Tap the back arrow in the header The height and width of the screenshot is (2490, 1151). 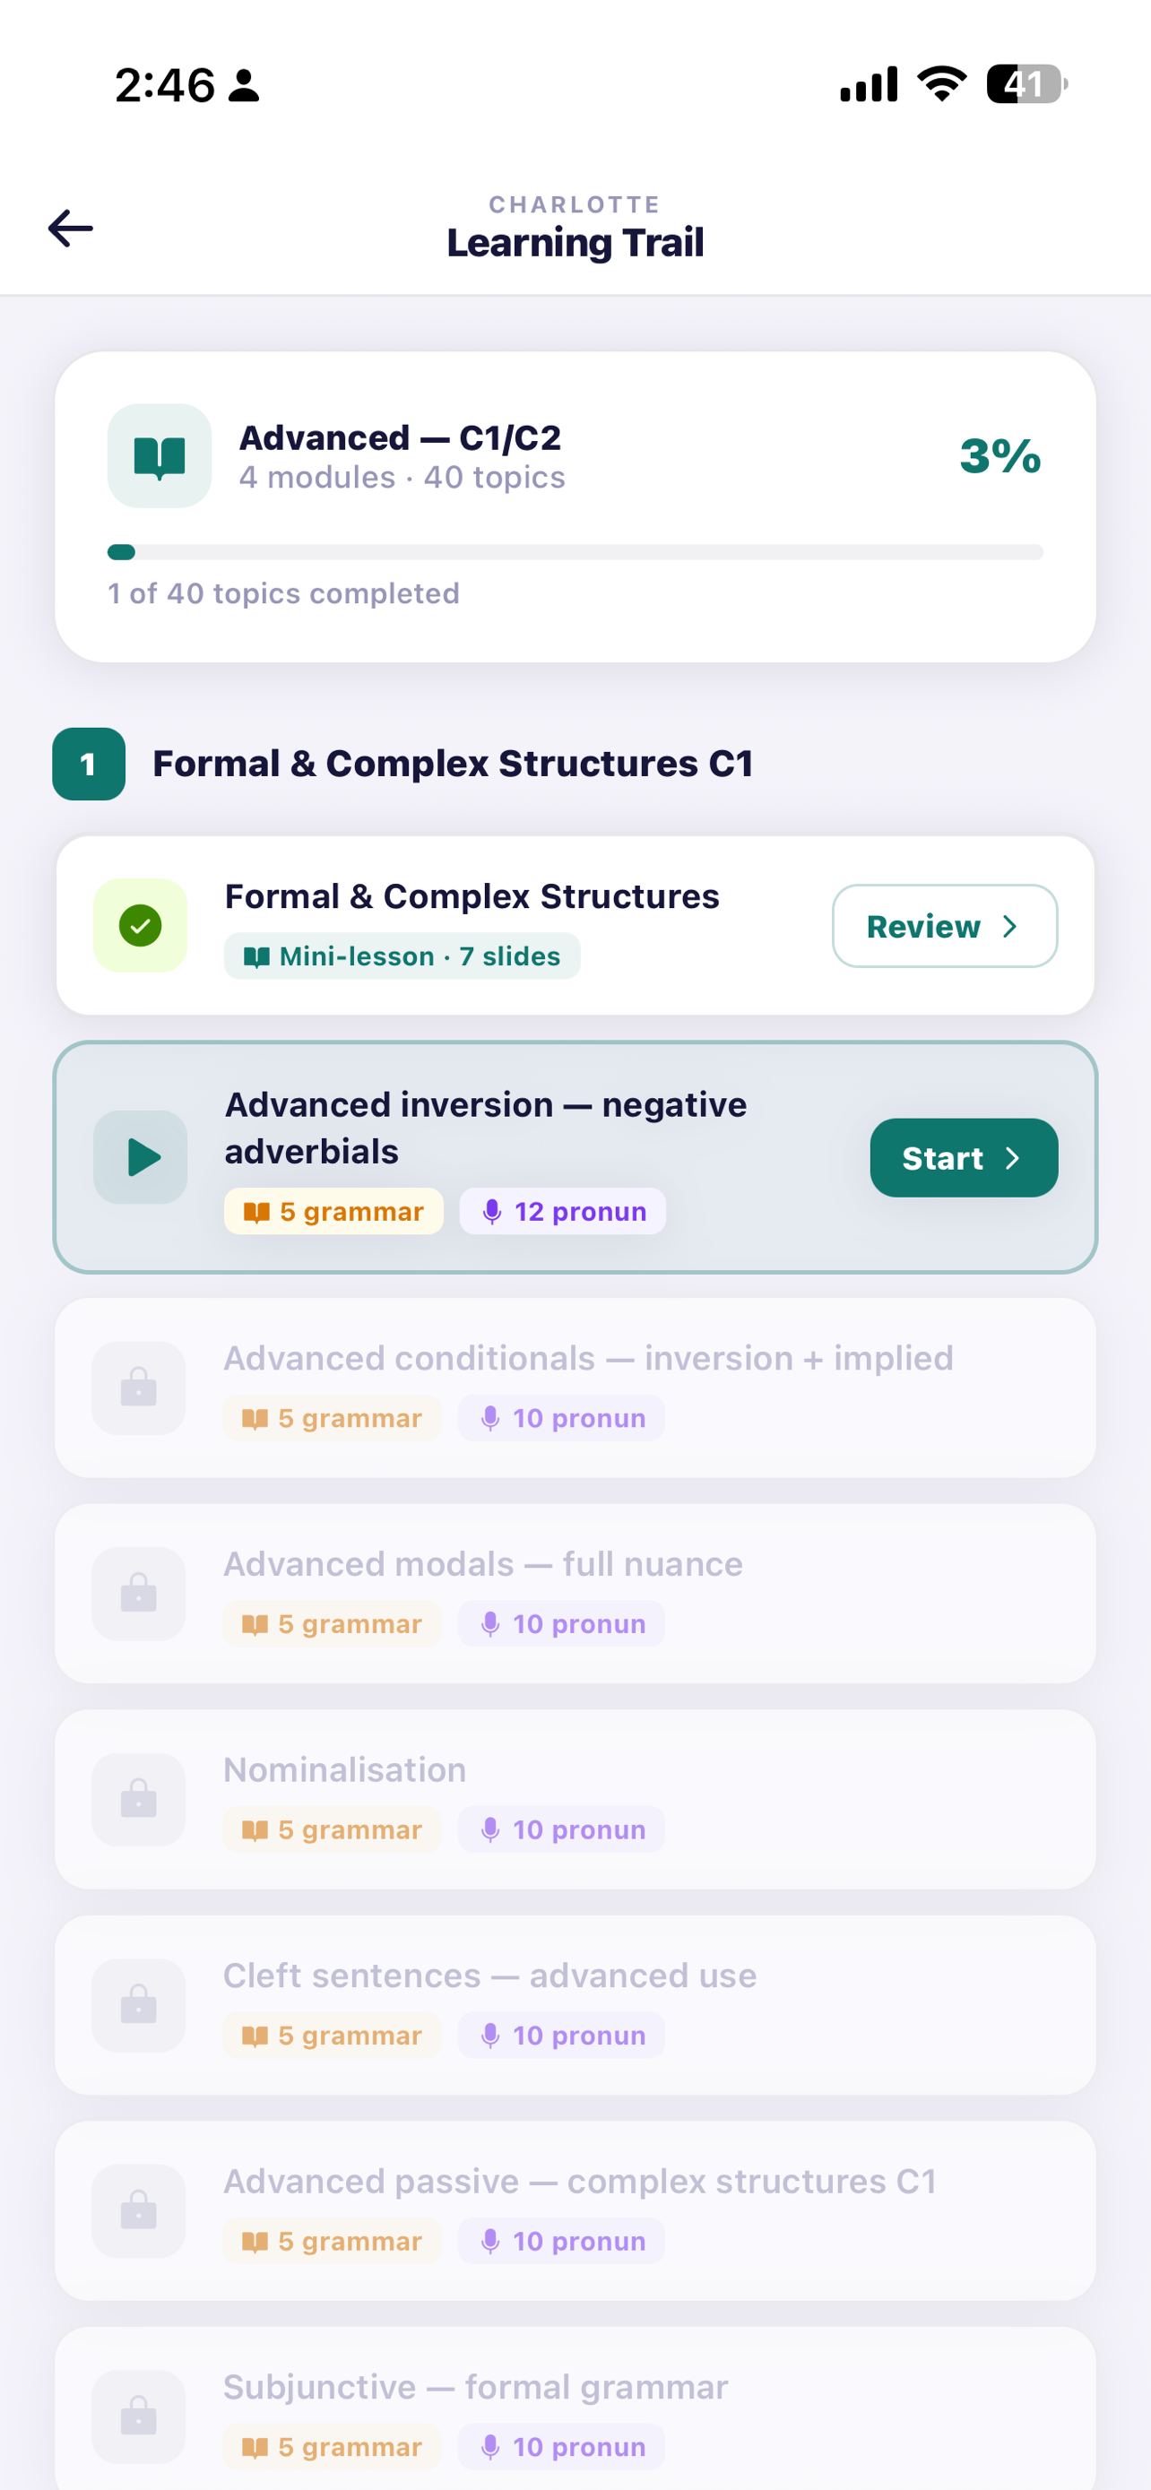71,229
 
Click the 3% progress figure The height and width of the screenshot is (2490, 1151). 1000,455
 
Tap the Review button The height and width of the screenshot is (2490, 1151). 944,926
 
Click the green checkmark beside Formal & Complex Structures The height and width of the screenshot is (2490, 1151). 140,925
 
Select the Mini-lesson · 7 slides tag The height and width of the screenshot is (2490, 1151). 402,956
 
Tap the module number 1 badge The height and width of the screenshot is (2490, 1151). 89,764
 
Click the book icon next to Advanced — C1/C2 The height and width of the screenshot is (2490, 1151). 160,456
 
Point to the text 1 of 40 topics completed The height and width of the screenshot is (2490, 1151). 283,593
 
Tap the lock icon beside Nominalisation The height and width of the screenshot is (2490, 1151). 138,1799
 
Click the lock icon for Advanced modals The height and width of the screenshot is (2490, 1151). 138,1593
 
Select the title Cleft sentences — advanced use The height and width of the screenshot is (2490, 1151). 490,1976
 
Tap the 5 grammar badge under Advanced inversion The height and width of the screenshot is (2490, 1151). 334,1211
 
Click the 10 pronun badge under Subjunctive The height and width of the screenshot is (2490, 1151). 561,2446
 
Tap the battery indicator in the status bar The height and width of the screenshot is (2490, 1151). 1026,84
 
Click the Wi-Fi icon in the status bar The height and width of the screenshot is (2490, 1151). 942,83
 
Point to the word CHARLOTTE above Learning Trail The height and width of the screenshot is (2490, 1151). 575,205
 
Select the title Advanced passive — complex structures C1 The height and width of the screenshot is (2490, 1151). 580,2182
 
